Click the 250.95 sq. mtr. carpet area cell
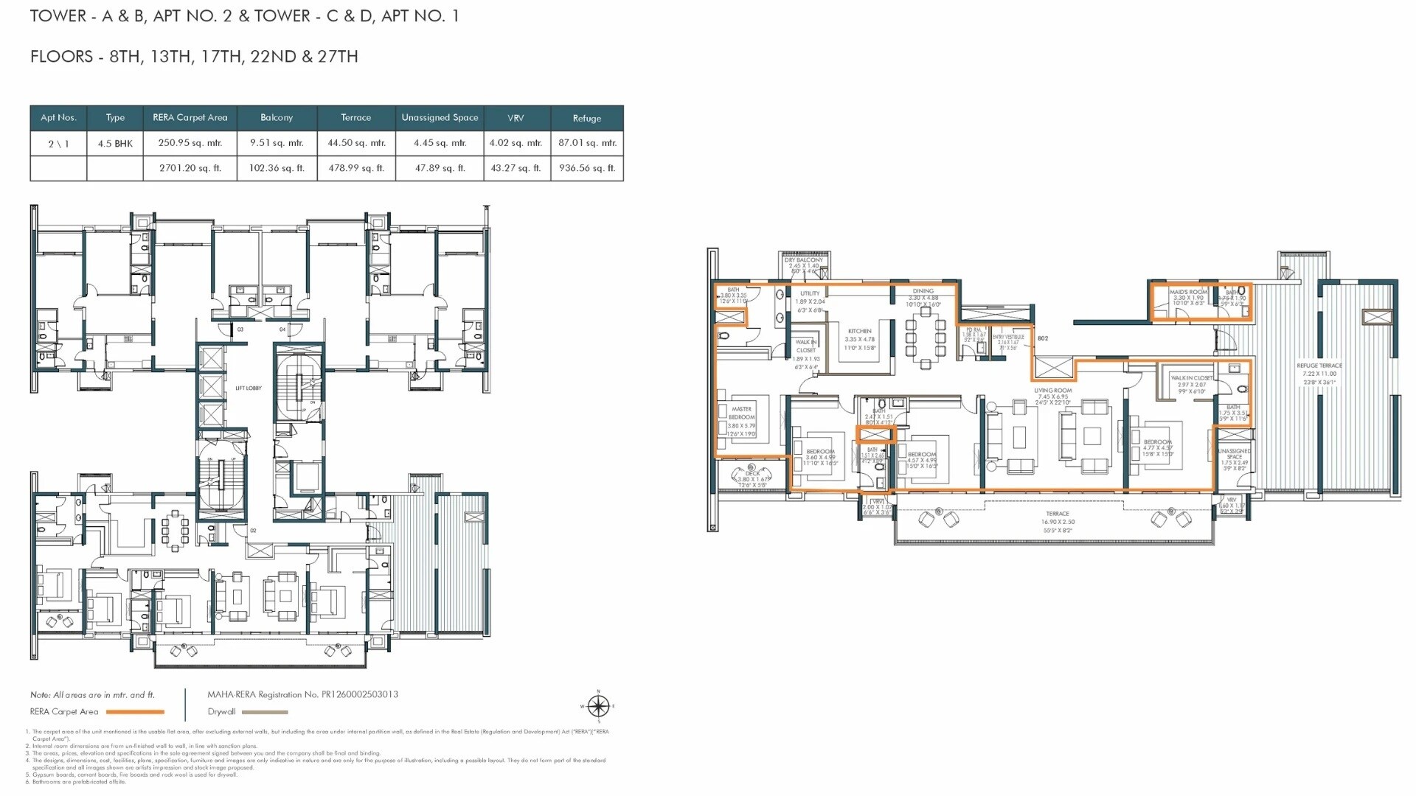coord(190,143)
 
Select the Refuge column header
coord(586,118)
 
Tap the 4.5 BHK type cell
coord(115,144)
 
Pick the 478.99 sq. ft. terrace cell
coord(356,168)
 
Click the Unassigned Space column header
coord(440,117)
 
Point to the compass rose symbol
coord(598,707)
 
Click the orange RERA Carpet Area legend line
coord(135,712)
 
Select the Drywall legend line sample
coord(265,712)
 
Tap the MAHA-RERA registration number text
coord(302,694)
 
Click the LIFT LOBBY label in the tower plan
coord(249,388)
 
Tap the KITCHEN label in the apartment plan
coord(859,332)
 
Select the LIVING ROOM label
coord(1052,391)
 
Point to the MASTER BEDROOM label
coord(741,413)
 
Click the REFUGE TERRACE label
coord(1319,366)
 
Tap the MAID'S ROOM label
coord(1188,292)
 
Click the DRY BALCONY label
coord(804,260)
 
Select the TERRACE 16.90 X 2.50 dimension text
coord(1057,522)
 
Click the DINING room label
coord(923,291)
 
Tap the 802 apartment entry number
coord(1043,339)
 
